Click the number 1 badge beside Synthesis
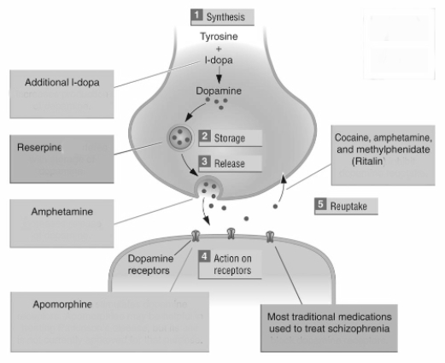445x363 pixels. coord(196,15)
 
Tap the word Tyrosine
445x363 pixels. coord(220,38)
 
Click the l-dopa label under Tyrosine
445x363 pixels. coord(220,61)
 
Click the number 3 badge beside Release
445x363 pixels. coord(205,161)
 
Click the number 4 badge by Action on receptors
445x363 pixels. coord(205,255)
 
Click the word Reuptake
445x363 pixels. coord(353,207)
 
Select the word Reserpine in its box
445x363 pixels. coord(40,148)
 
